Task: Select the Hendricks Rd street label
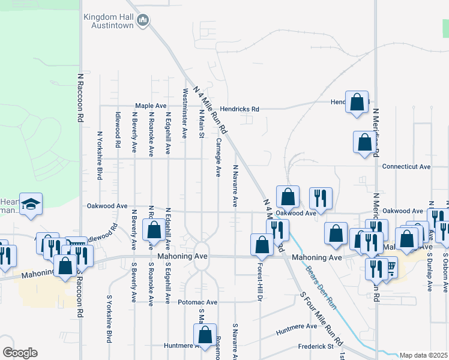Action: [x=239, y=109]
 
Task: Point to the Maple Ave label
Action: [x=149, y=106]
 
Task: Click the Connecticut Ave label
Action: [x=406, y=167]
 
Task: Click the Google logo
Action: [x=20, y=353]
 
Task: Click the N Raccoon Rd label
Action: [x=79, y=98]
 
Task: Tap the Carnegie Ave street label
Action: [x=218, y=158]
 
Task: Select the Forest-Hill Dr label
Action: [x=261, y=283]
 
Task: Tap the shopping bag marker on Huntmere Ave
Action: [x=205, y=336]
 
